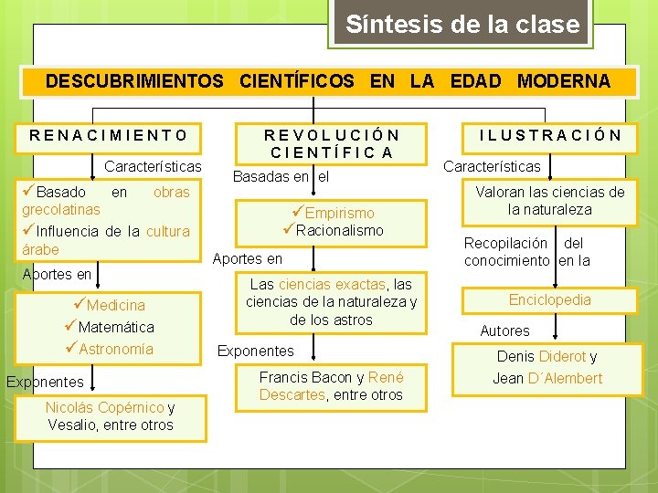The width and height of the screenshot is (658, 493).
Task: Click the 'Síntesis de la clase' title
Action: coord(462,24)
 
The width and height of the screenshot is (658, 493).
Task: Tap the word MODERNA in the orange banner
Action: coord(564,81)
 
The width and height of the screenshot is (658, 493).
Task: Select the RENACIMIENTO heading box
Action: coord(108,139)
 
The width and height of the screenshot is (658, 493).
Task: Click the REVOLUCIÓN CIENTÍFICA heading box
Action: coord(331,144)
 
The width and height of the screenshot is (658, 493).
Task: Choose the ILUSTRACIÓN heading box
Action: coord(550,139)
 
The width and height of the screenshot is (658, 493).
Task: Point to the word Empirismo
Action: coord(339,213)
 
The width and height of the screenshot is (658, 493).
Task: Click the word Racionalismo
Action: coord(339,230)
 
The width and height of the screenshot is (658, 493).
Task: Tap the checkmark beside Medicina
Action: coord(80,303)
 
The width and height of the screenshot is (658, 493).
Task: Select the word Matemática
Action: coord(116,327)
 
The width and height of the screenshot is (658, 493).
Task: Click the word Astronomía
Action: coord(116,349)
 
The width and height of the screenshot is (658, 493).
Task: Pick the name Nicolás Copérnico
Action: coord(105,407)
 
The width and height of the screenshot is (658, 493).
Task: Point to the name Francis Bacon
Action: coord(307,377)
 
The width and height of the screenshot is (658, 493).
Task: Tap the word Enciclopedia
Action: coord(550,299)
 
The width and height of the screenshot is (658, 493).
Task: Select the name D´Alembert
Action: coord(565,378)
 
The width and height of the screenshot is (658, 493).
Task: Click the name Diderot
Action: coord(562,356)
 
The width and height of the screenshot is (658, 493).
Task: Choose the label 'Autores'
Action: coord(504,330)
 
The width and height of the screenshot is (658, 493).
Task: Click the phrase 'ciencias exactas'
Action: coord(332,284)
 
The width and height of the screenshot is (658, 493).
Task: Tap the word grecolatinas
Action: coord(61,210)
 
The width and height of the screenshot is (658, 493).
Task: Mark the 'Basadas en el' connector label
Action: coord(281,176)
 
